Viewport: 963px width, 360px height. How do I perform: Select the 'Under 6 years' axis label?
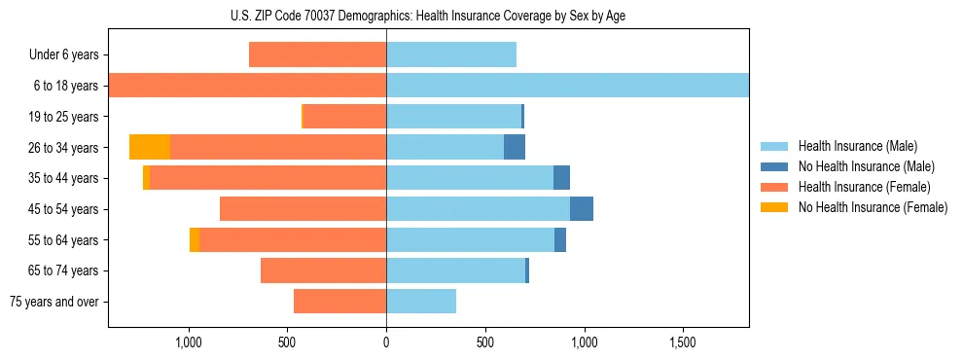pos(63,55)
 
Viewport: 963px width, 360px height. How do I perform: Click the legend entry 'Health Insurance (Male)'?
pos(857,146)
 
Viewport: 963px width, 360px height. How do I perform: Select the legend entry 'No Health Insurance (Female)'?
pos(873,207)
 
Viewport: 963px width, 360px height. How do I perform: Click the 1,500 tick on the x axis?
pos(683,343)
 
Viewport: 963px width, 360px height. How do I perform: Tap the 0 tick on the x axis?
pos(386,343)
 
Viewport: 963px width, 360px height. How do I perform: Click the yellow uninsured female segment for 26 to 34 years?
pos(150,147)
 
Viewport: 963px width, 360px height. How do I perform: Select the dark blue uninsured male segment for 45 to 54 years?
pos(582,209)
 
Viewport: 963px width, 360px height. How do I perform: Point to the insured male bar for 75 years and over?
pos(421,302)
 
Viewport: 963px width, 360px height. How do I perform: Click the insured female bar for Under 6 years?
pos(318,54)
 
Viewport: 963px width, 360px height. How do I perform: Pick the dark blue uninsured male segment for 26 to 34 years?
pos(515,147)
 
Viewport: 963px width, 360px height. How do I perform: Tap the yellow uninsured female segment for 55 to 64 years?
pos(195,240)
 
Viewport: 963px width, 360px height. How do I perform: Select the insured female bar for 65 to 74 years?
pos(324,270)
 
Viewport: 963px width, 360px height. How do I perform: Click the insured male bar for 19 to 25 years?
pos(453,117)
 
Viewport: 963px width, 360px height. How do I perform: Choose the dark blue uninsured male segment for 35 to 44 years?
pos(561,178)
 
